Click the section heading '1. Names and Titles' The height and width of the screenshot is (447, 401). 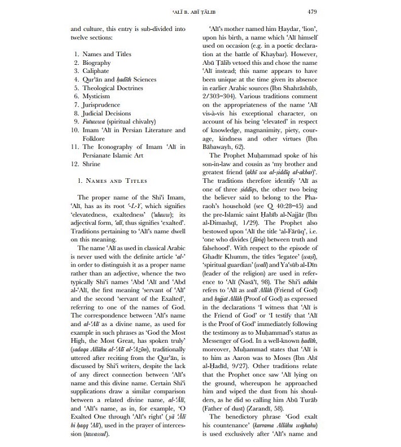(108, 181)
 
